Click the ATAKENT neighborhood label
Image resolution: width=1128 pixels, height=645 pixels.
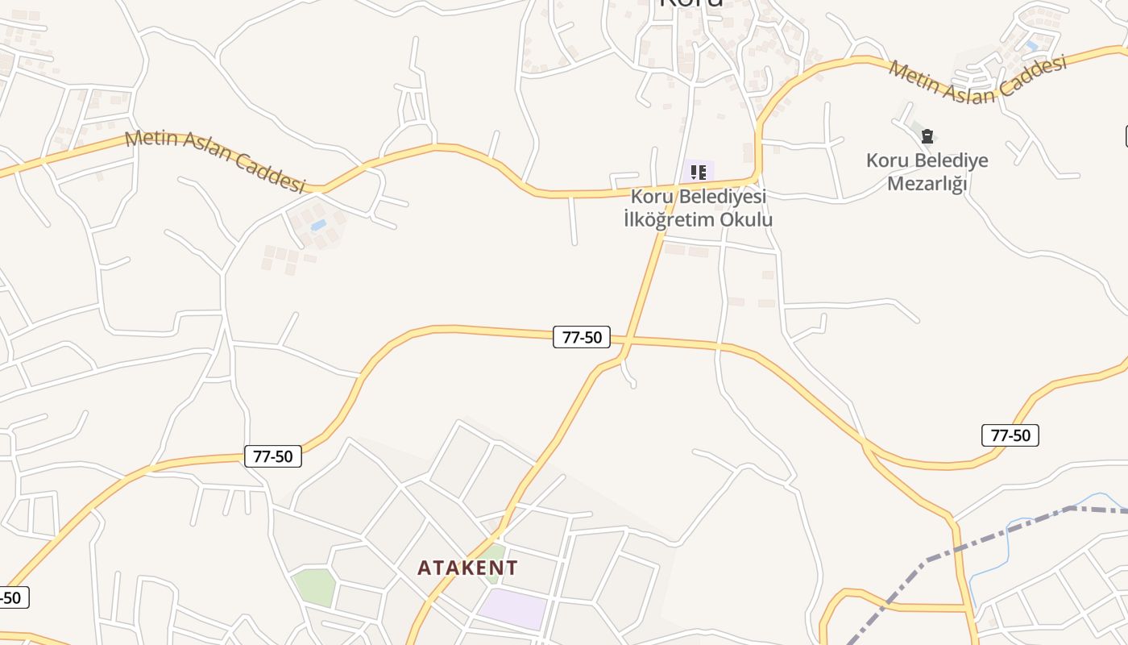pyautogui.click(x=467, y=568)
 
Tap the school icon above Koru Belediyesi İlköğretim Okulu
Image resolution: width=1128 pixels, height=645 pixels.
pyautogui.click(x=698, y=173)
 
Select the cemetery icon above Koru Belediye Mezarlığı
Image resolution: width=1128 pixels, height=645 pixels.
pyautogui.click(x=927, y=136)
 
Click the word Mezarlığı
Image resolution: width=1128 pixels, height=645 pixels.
pyautogui.click(x=927, y=184)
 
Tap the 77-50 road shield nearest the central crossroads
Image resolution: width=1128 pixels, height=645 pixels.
pyautogui.click(x=582, y=337)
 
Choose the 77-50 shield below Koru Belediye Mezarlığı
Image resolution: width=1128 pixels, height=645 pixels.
pyautogui.click(x=1010, y=435)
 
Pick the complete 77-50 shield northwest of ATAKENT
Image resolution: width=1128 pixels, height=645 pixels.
pyautogui.click(x=273, y=456)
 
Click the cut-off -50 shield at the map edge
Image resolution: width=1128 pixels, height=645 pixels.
pyautogui.click(x=13, y=597)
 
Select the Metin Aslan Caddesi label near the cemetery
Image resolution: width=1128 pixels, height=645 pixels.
pyautogui.click(x=977, y=78)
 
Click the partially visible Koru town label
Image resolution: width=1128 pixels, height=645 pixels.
pyautogui.click(x=690, y=3)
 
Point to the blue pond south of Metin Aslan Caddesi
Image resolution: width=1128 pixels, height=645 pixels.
pyautogui.click(x=319, y=225)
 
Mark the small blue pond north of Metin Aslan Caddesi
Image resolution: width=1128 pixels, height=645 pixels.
pyautogui.click(x=1031, y=46)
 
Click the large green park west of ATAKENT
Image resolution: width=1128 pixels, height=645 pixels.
pyautogui.click(x=313, y=587)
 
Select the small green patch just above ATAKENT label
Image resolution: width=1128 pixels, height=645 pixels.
pyautogui.click(x=494, y=552)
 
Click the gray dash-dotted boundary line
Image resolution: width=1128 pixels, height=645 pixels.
pyautogui.click(x=991, y=532)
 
